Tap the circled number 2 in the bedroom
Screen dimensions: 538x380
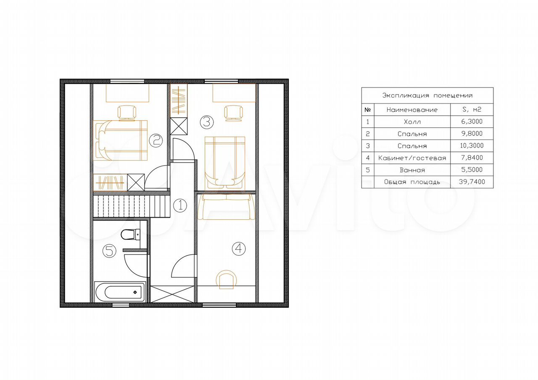(156, 140)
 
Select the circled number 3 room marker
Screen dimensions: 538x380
(207, 122)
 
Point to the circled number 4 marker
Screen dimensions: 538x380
(239, 248)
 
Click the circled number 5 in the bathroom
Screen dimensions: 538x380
(109, 251)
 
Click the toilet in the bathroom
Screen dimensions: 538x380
(131, 235)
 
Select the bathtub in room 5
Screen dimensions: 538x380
(120, 292)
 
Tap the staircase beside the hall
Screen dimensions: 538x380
(132, 206)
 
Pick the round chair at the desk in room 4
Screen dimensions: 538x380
(226, 280)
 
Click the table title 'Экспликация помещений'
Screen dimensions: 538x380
(427, 95)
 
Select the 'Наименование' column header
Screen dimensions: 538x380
(412, 110)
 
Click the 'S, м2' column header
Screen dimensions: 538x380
(472, 110)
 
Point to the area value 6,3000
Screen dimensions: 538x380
(472, 121)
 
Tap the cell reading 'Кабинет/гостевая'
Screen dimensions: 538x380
(412, 158)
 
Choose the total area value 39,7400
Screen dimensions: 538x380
(472, 182)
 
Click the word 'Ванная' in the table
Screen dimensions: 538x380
(412, 170)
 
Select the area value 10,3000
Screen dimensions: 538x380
(472, 145)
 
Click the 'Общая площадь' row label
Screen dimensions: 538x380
(412, 182)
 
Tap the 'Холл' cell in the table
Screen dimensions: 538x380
(412, 122)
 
